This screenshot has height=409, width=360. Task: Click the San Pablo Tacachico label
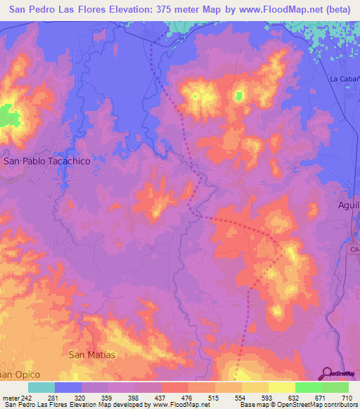pyautogui.click(x=47, y=161)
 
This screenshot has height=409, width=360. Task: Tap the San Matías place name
pyautogui.click(x=91, y=355)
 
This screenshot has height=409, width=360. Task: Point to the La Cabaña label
pyautogui.click(x=345, y=79)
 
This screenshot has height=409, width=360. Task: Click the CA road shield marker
pyautogui.click(x=354, y=249)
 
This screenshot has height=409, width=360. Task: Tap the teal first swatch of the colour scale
pyautogui.click(x=41, y=387)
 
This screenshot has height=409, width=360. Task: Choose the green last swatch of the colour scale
pyautogui.click(x=335, y=387)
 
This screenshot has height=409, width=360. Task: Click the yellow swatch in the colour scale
pyautogui.click(x=281, y=387)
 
